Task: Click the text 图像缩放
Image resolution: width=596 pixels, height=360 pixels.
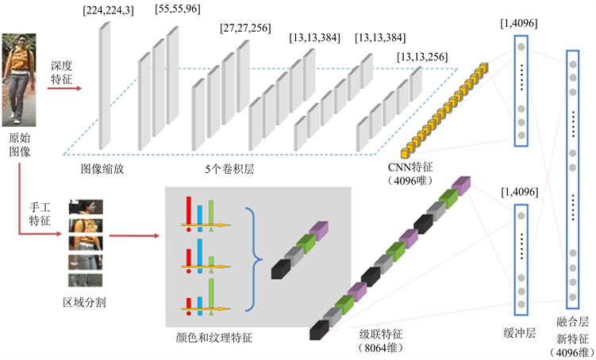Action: [102, 169]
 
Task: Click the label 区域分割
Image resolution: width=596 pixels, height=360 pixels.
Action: [85, 303]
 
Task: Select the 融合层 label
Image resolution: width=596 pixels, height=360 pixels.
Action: [572, 323]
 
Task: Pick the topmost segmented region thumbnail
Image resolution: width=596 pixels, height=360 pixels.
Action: [86, 206]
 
